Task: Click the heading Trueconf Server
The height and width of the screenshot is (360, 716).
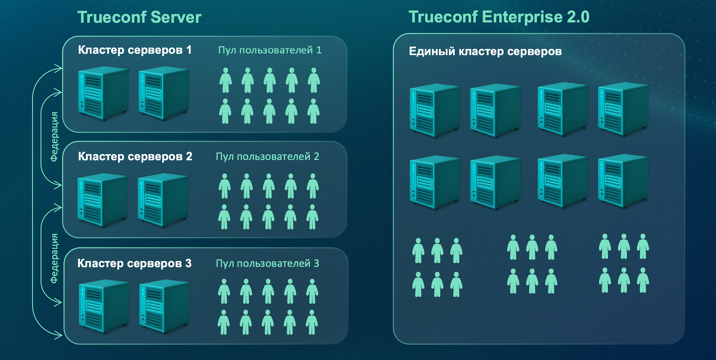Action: (139, 17)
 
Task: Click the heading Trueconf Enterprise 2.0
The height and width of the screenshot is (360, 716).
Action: (499, 17)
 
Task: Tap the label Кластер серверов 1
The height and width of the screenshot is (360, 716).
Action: (135, 50)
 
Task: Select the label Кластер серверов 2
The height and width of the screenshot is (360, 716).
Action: (135, 157)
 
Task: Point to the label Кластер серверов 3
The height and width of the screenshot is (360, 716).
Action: (134, 263)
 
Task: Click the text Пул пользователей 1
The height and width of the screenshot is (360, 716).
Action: (270, 50)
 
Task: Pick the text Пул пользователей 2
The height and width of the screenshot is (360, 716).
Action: (267, 157)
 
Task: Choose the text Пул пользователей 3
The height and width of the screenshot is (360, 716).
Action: (267, 263)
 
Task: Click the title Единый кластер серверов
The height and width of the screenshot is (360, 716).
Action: (485, 51)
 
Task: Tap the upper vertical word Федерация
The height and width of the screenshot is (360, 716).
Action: (54, 137)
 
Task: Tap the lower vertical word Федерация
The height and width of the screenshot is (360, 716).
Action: (54, 258)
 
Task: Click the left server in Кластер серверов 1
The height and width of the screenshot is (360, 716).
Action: (103, 93)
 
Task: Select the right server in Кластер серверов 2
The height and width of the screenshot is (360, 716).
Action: (163, 200)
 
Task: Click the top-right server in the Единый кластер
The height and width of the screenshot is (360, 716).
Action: (623, 109)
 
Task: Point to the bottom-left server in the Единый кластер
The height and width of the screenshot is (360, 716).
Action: (434, 182)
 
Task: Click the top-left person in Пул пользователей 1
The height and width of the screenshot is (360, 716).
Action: (226, 80)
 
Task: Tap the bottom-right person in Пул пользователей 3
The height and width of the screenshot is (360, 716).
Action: (312, 322)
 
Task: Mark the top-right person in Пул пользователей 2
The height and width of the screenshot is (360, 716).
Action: (313, 186)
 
